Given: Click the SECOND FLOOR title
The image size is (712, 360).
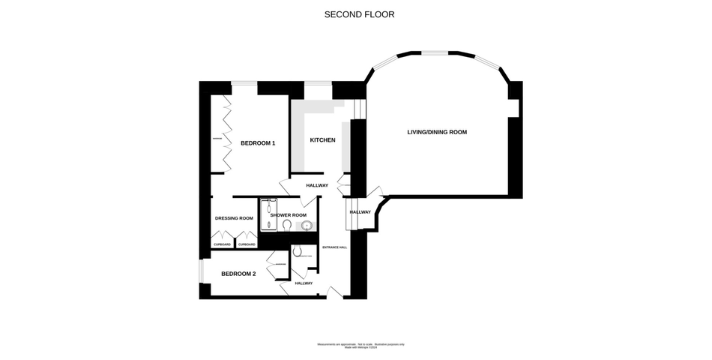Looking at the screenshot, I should click(x=359, y=14).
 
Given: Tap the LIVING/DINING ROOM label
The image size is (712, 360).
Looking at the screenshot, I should click(x=437, y=132).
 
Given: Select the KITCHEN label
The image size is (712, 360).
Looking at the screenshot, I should click(x=322, y=140).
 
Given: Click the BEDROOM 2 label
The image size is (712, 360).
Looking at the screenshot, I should click(x=238, y=274).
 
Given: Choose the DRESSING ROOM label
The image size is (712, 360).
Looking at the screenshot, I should click(x=234, y=218).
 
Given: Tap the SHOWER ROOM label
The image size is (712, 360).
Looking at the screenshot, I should click(x=289, y=215).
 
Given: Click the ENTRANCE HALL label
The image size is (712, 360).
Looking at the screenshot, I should click(x=334, y=247).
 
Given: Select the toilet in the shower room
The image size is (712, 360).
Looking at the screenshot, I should click(x=287, y=224).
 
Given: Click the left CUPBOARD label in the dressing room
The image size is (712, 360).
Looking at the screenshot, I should click(x=223, y=244).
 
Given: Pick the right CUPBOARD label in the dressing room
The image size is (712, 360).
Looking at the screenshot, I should click(x=247, y=244).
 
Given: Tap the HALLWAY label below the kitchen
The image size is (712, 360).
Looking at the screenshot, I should click(x=317, y=185).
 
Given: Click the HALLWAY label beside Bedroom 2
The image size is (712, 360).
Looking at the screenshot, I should click(x=304, y=283).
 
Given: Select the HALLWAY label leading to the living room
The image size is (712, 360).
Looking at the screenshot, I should click(x=360, y=212).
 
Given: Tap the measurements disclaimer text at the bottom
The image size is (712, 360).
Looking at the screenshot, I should click(x=360, y=345).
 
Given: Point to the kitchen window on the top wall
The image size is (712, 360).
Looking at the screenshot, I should click(x=318, y=82).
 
